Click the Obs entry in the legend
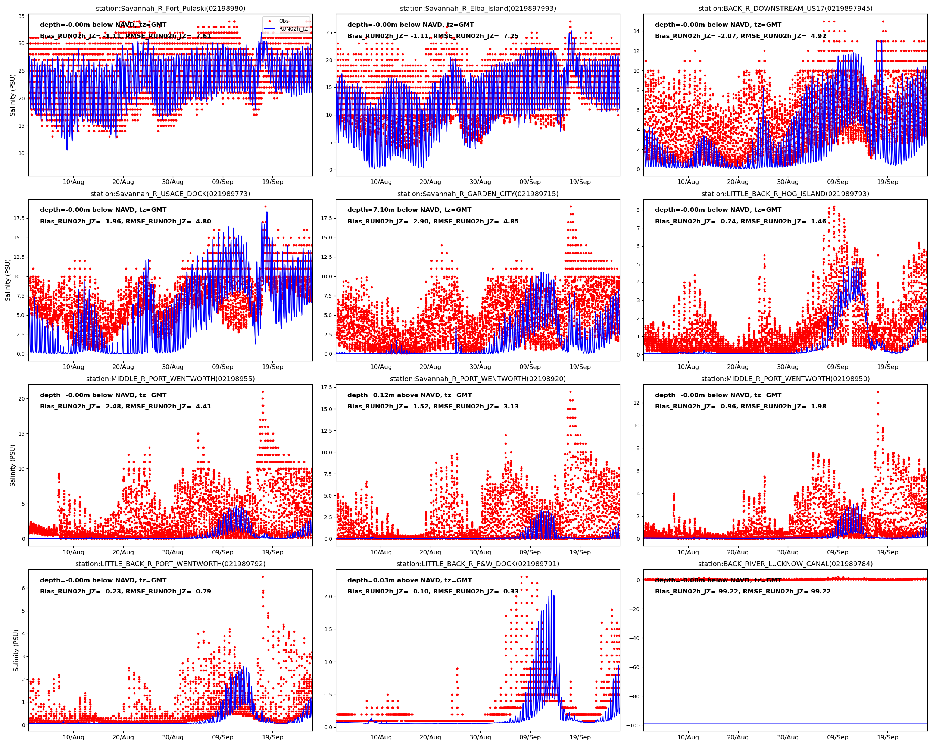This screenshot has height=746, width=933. pos(284,21)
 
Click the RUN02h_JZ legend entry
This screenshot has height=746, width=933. pos(293,29)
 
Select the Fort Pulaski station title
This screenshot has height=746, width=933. pos(171,9)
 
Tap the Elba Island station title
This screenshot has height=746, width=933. pos(478,9)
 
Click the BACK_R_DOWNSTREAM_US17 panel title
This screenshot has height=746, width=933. pos(785,9)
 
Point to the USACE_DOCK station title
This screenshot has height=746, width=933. pos(171,194)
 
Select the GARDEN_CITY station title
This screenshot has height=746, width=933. pos(478,194)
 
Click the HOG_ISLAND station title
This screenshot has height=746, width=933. pos(785,194)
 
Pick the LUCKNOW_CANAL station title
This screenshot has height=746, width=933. pos(785,564)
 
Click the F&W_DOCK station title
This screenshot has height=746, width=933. pos(478,564)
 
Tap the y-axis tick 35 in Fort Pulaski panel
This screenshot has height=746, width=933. pos(21,16)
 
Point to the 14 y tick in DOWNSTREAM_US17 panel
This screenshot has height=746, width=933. pos(636,31)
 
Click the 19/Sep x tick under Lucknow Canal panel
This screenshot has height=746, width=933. pos(887,737)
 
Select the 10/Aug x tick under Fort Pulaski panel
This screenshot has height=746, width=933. pos(74,182)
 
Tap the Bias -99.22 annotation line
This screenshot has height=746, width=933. pos(743,592)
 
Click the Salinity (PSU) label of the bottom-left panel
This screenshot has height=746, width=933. pos(16,651)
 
